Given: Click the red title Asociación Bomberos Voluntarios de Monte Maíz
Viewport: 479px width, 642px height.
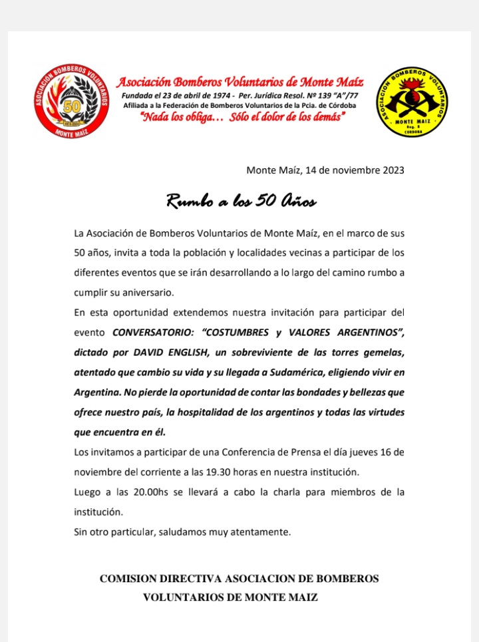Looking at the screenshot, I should (x=240, y=82).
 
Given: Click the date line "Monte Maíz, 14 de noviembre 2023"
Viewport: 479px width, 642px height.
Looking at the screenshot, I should (x=325, y=170).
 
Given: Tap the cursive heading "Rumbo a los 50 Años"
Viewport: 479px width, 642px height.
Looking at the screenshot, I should (x=241, y=201).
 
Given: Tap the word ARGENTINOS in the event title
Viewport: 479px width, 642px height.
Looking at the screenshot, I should (x=369, y=331).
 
